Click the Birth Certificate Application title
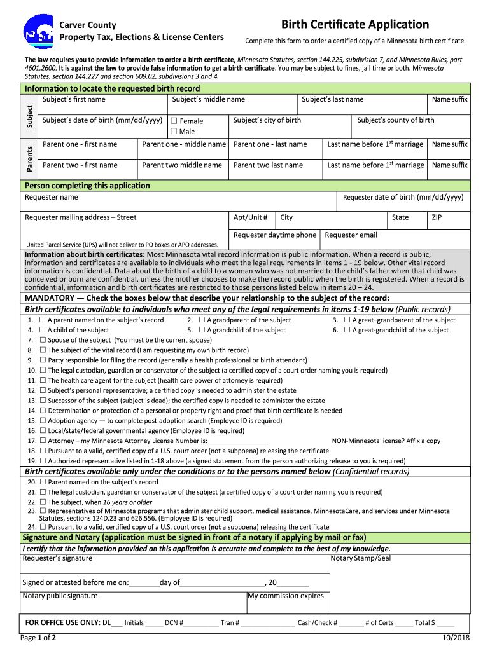(x=355, y=24)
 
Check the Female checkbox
(x=173, y=121)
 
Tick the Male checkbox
(x=173, y=132)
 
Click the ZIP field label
(x=437, y=217)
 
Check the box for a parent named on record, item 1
(x=43, y=320)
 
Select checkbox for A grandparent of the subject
(x=202, y=320)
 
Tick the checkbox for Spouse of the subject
(x=43, y=340)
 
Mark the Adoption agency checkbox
(x=43, y=421)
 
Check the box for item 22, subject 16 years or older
(x=43, y=502)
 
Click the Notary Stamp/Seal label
(x=361, y=559)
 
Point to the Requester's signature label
(x=57, y=559)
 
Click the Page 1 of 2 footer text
(x=38, y=638)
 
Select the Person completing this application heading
(x=87, y=186)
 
